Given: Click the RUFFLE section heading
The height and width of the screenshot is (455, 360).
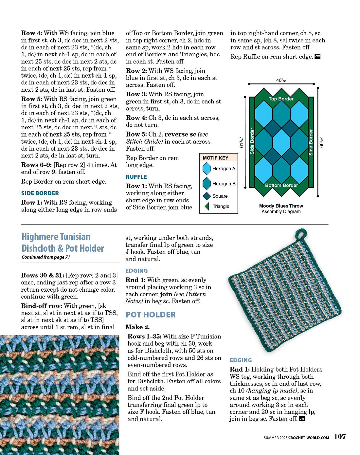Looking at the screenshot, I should pos(136,177).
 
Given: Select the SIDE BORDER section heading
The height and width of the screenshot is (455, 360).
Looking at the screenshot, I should pos(40,193).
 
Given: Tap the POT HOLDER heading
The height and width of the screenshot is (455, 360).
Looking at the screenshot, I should pos(151,315).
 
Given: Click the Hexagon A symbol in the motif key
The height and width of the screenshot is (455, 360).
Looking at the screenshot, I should pos(207,169).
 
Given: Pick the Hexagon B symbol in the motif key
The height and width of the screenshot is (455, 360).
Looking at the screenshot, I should pos(207,184).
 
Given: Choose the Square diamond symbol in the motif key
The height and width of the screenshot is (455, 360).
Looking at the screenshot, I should pos(207,196).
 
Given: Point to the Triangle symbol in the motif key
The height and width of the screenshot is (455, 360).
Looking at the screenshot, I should pos(207,206).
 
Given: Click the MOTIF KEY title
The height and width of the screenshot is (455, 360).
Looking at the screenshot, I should pos(215,158).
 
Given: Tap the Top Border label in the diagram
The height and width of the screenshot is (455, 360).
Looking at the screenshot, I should pos(281,99).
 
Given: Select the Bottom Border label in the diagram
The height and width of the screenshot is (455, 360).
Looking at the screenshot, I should pos(281,185).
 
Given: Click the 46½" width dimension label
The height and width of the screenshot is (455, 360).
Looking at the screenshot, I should pos(281,80).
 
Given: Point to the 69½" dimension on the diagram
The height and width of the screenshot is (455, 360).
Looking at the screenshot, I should pos(321,142).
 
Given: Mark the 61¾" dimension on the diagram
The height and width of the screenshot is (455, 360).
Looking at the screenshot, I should pos(242,142).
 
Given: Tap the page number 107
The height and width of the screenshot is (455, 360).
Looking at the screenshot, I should pos(340,436).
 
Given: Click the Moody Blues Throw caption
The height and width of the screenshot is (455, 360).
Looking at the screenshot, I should pos(281,206).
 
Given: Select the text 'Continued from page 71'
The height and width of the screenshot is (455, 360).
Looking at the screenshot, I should pos(46,257).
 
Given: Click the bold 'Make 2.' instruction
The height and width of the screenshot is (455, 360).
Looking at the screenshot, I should pos(137,327).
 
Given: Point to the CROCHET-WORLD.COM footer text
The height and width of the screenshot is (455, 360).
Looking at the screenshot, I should pos(308,437).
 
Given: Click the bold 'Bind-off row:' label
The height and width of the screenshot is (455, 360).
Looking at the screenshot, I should pos(42,306).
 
